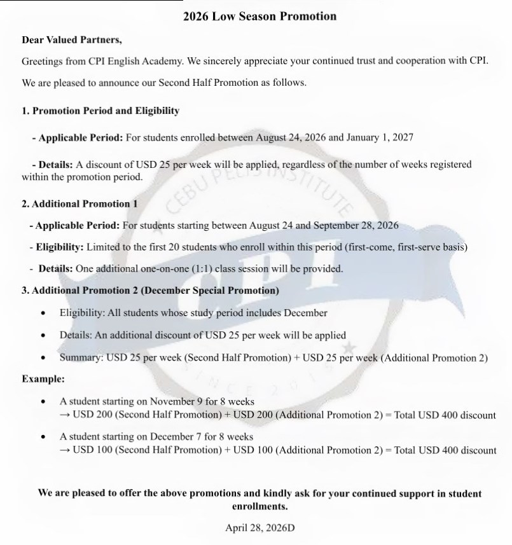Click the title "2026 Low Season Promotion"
[259, 16]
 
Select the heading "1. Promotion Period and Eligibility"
[100, 111]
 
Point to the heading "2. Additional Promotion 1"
[80, 204]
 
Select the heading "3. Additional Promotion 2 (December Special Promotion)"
[150, 291]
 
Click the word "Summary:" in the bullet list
[81, 357]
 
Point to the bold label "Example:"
[43, 379]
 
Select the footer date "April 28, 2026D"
[259, 528]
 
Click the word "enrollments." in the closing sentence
[259, 507]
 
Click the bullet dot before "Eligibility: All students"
[43, 314]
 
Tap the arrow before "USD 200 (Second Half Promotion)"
[65, 415]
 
